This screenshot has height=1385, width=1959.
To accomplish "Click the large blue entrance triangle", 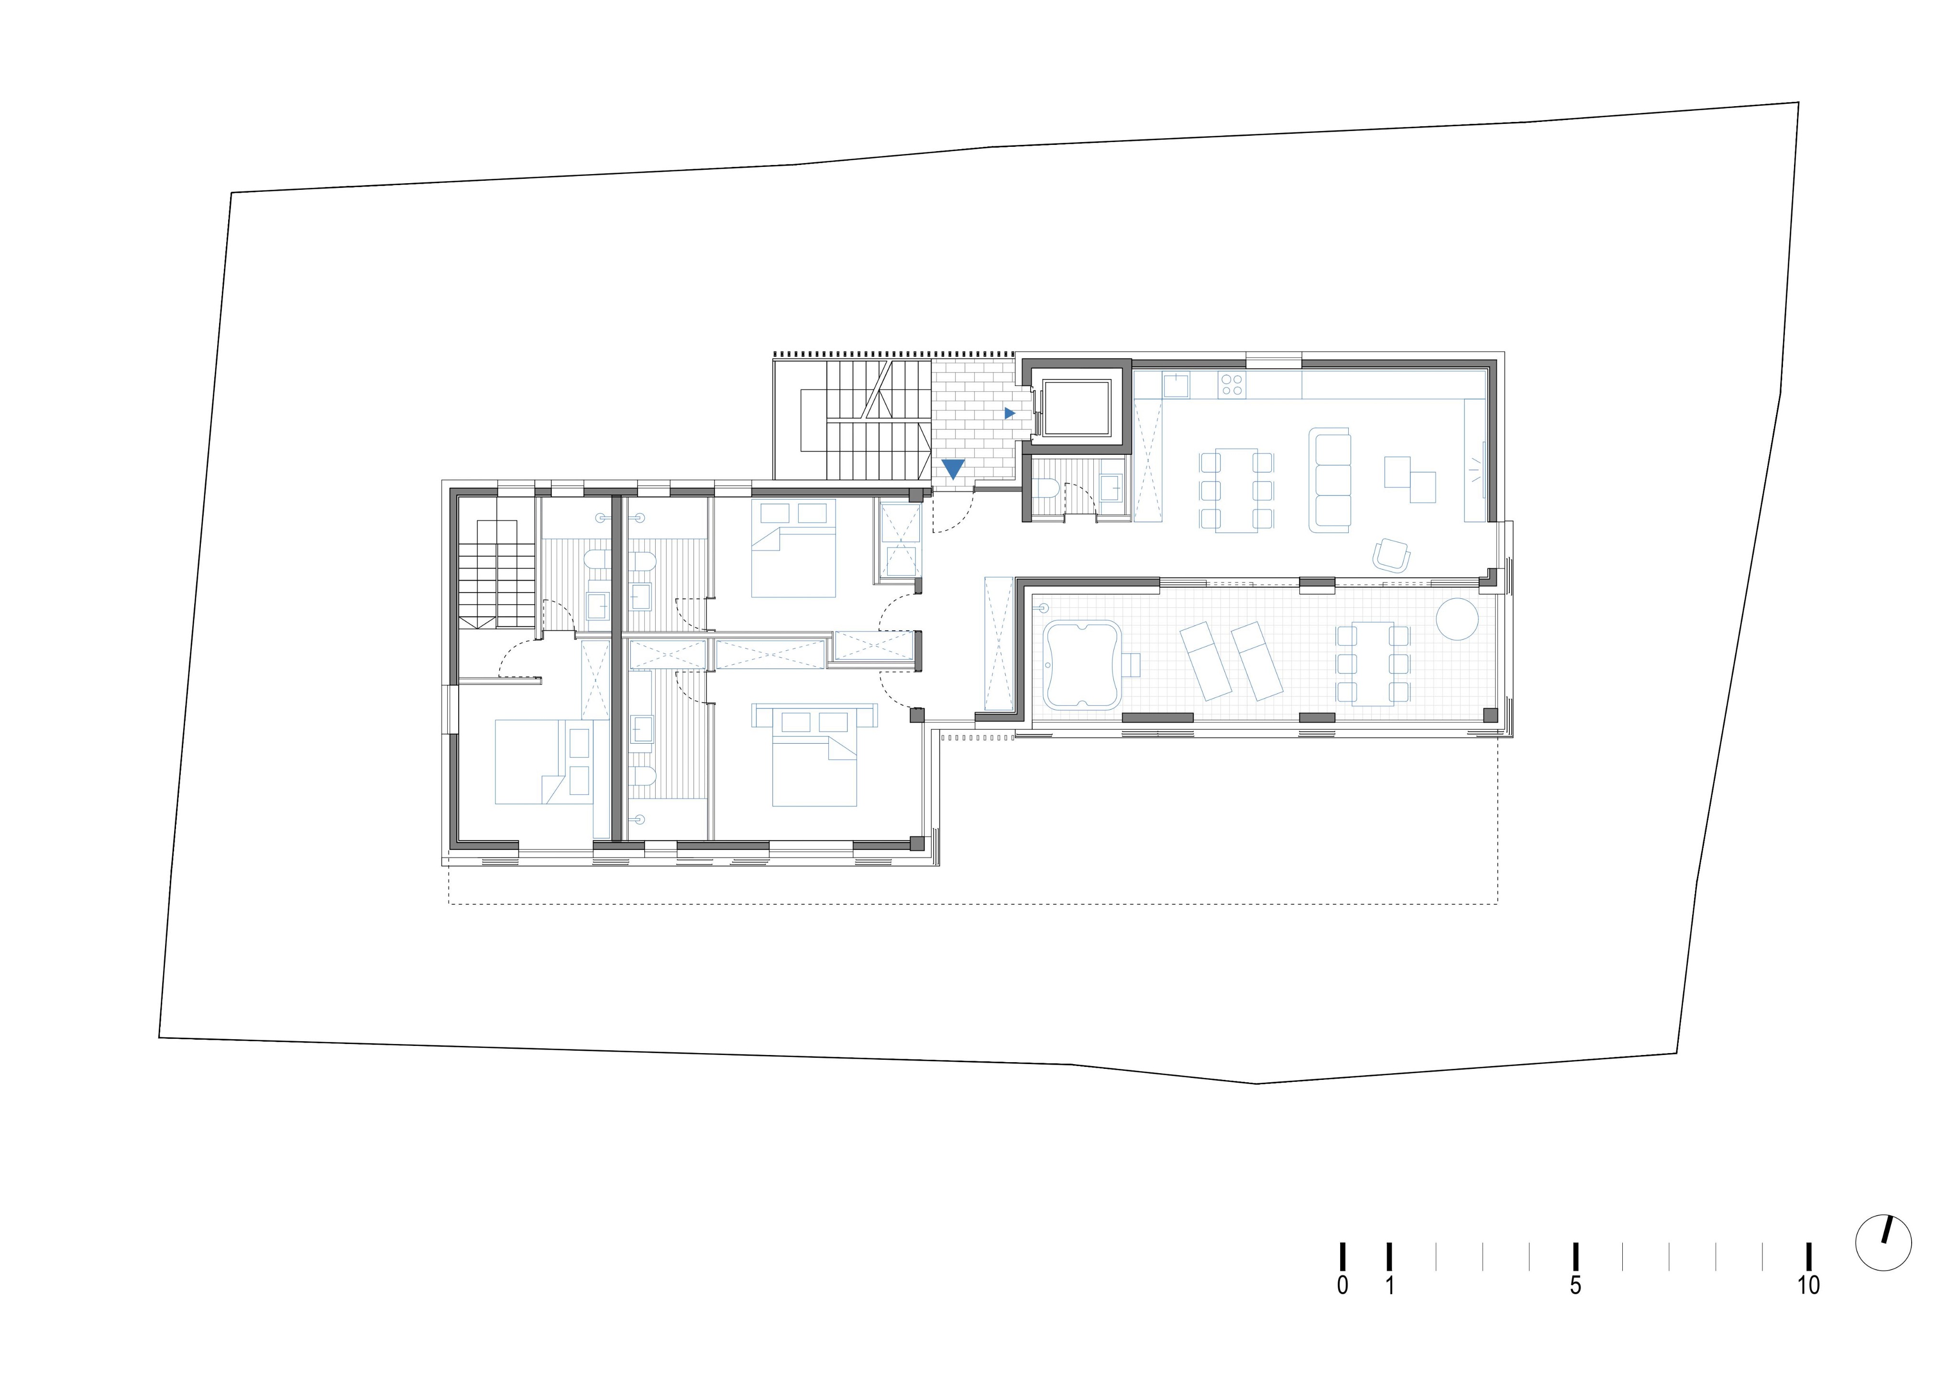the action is pyautogui.click(x=953, y=468).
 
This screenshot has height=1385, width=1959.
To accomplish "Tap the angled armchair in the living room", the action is pyautogui.click(x=1392, y=555).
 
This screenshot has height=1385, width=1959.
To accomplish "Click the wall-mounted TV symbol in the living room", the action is pyautogui.click(x=1484, y=469).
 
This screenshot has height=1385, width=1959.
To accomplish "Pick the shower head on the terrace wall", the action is pyautogui.click(x=1045, y=608).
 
